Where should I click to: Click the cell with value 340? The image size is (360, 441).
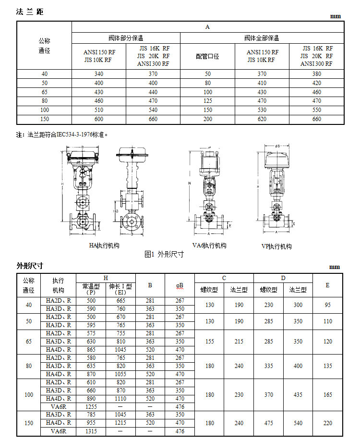(x=99, y=74)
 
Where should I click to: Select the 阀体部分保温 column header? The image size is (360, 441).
(x=126, y=38)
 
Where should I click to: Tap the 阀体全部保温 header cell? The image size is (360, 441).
(x=262, y=38)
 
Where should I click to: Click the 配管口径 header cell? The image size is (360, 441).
(x=207, y=56)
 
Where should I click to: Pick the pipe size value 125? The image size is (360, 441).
(x=207, y=101)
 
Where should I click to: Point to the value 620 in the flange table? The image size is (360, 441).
(x=262, y=119)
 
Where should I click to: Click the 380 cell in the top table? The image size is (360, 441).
(x=316, y=74)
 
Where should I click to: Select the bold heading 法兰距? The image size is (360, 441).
(x=30, y=12)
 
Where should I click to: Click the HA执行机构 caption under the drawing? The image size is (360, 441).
(x=104, y=245)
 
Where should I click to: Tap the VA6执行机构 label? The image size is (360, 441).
(x=209, y=245)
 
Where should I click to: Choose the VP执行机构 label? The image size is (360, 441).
(x=276, y=246)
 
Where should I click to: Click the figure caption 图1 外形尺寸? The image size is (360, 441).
(x=164, y=255)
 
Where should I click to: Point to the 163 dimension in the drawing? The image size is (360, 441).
(x=115, y=211)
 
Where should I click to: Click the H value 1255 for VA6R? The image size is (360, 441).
(x=91, y=407)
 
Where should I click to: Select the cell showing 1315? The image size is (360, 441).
(x=91, y=431)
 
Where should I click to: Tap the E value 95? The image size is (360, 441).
(x=328, y=305)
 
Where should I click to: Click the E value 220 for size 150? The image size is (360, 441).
(x=328, y=423)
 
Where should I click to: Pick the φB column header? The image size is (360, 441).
(x=180, y=285)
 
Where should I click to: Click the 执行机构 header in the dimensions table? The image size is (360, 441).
(x=58, y=285)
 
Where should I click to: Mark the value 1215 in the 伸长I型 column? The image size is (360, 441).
(x=120, y=423)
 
